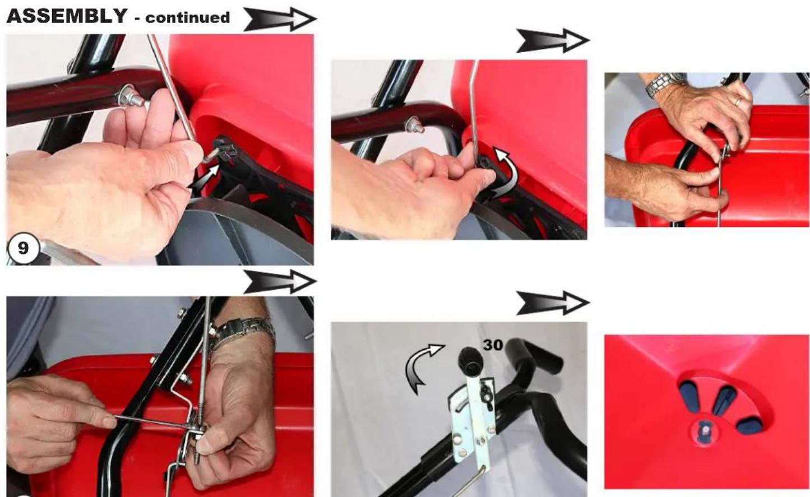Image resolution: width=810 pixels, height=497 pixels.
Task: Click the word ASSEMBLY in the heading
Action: pyautogui.click(x=67, y=16)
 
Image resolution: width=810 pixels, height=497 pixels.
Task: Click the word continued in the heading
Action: pyautogui.click(x=188, y=18)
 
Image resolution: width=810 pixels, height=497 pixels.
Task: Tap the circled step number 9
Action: pyautogui.click(x=23, y=248)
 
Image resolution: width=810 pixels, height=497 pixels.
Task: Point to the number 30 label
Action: pyautogui.click(x=493, y=345)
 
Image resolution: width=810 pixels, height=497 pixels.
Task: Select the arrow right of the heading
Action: pyautogui.click(x=280, y=19)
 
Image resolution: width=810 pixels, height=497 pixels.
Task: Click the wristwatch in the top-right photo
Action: pyautogui.click(x=664, y=85)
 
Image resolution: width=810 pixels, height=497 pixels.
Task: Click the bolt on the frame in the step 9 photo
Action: pyautogui.click(x=128, y=96)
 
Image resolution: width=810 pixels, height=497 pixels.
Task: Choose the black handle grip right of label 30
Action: pyautogui.click(x=534, y=354)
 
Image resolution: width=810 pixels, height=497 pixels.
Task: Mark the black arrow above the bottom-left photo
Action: pyautogui.click(x=280, y=281)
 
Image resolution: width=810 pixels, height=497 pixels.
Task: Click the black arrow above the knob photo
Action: pyautogui.click(x=553, y=303)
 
